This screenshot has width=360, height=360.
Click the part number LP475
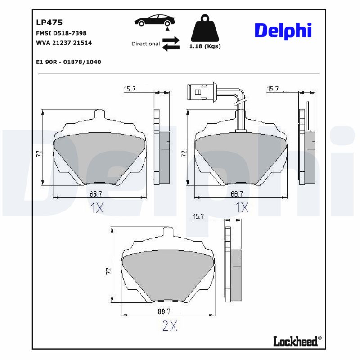[x=49, y=22]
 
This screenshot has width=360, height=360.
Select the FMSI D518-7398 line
[x=61, y=33]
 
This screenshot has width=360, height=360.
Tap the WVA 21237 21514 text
[x=63, y=43]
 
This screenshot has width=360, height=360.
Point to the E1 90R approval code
[x=68, y=62]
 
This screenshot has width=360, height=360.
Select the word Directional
[x=145, y=44]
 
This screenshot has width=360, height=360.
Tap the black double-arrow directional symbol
[x=171, y=44]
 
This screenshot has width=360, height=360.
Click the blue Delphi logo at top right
[x=283, y=31]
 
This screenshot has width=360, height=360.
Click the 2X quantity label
[x=170, y=326]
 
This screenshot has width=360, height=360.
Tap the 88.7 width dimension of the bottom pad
[x=164, y=311]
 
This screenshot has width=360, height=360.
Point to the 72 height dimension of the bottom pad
[x=108, y=271]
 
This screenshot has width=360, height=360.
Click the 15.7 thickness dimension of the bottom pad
[x=198, y=217]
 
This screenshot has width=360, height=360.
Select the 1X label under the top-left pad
[x=97, y=208]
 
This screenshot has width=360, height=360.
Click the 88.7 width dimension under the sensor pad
[x=237, y=194]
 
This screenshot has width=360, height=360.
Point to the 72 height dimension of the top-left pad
[x=39, y=154]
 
